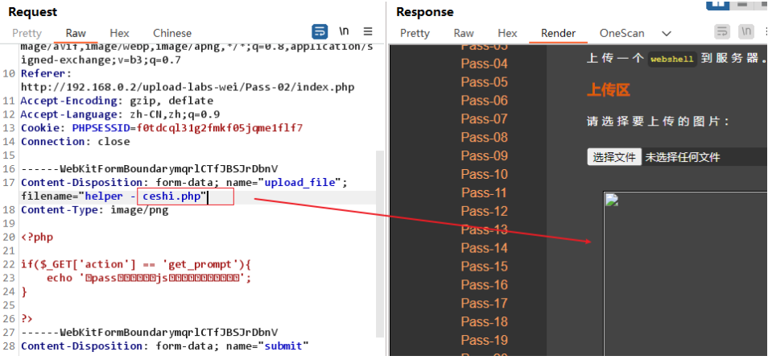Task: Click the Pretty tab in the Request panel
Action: tap(27, 33)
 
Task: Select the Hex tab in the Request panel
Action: tap(119, 33)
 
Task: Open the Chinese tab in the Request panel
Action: tap(172, 33)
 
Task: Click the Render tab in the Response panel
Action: tap(558, 33)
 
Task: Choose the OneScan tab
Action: tap(621, 33)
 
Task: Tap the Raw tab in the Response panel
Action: tap(464, 33)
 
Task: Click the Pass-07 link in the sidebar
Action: tap(484, 119)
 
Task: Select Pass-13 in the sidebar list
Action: tap(484, 230)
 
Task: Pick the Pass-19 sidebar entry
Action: tap(484, 340)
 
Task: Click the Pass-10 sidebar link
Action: tap(484, 174)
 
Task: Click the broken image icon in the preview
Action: tap(612, 201)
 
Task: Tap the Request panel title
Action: tap(32, 12)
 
